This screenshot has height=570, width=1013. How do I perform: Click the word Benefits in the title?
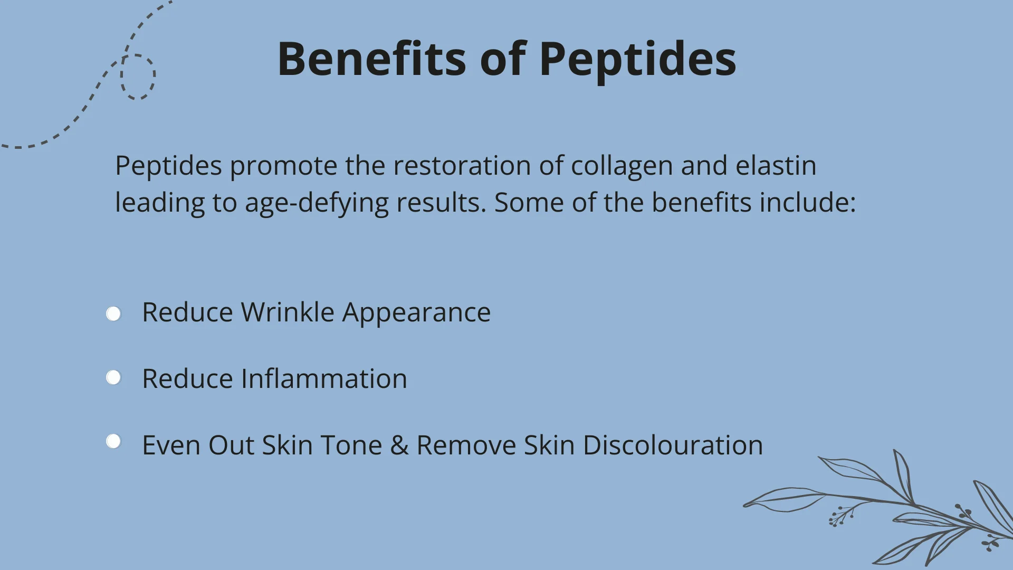(371, 59)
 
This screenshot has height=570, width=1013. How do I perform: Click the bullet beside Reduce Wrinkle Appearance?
(113, 314)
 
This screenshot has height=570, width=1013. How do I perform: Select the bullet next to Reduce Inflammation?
(113, 378)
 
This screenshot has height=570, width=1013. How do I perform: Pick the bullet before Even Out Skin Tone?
(113, 441)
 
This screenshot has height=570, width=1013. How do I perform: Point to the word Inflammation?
(324, 379)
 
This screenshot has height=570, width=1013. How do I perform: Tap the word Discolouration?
(673, 445)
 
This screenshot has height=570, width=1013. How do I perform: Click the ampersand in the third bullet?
(399, 445)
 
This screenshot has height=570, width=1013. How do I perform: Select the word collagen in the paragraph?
(622, 166)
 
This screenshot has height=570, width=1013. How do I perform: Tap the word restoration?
(461, 166)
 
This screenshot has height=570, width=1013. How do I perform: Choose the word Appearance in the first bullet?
(416, 313)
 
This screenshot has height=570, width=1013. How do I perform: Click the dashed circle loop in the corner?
(138, 77)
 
